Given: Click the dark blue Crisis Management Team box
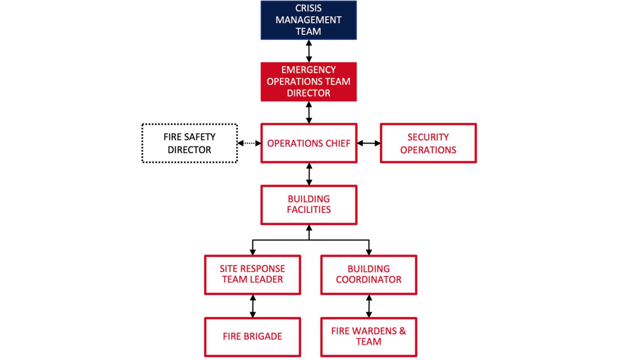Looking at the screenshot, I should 308,20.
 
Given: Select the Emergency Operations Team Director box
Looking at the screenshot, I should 308,81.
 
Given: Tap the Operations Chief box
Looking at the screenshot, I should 308,143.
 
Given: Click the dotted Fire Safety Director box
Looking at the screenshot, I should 190,143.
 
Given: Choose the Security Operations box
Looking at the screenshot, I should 428,143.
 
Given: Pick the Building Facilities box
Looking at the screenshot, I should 308,205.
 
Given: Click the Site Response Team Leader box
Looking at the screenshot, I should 253,275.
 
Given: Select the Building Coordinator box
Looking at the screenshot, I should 368,275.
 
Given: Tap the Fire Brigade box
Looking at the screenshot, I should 253,337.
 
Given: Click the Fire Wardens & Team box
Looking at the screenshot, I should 368,337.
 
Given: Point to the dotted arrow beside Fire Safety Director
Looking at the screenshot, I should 249,143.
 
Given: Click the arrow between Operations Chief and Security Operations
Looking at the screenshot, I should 368,143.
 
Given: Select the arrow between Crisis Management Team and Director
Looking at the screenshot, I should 309,51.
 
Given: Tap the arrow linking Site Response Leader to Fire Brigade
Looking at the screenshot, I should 253,306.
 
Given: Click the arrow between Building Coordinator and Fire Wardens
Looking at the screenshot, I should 369,306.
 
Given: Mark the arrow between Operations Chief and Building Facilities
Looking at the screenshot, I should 309,174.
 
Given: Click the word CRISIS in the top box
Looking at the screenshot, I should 308,8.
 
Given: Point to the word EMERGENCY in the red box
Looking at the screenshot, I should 308,70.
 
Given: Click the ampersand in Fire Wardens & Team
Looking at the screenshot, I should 402,331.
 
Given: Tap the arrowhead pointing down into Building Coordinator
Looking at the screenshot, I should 369,252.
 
